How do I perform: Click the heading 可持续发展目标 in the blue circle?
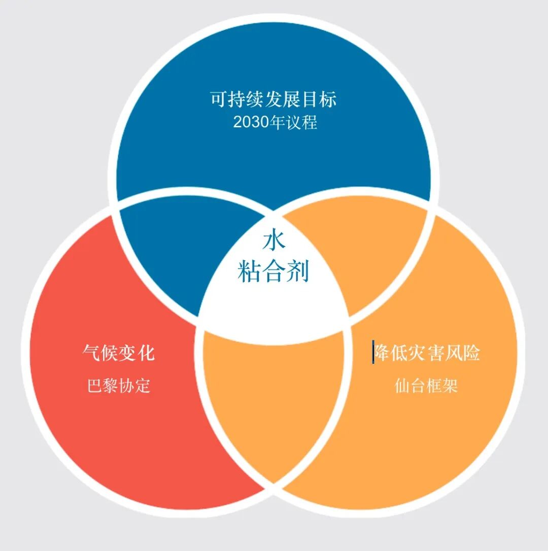coord(273,99)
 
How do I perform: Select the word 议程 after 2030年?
coord(302,123)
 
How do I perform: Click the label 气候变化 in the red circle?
coord(118,353)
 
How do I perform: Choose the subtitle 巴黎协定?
coord(119,386)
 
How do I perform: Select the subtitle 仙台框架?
coord(426,386)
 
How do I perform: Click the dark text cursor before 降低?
coord(373,352)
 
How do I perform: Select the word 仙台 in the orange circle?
coord(410,386)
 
